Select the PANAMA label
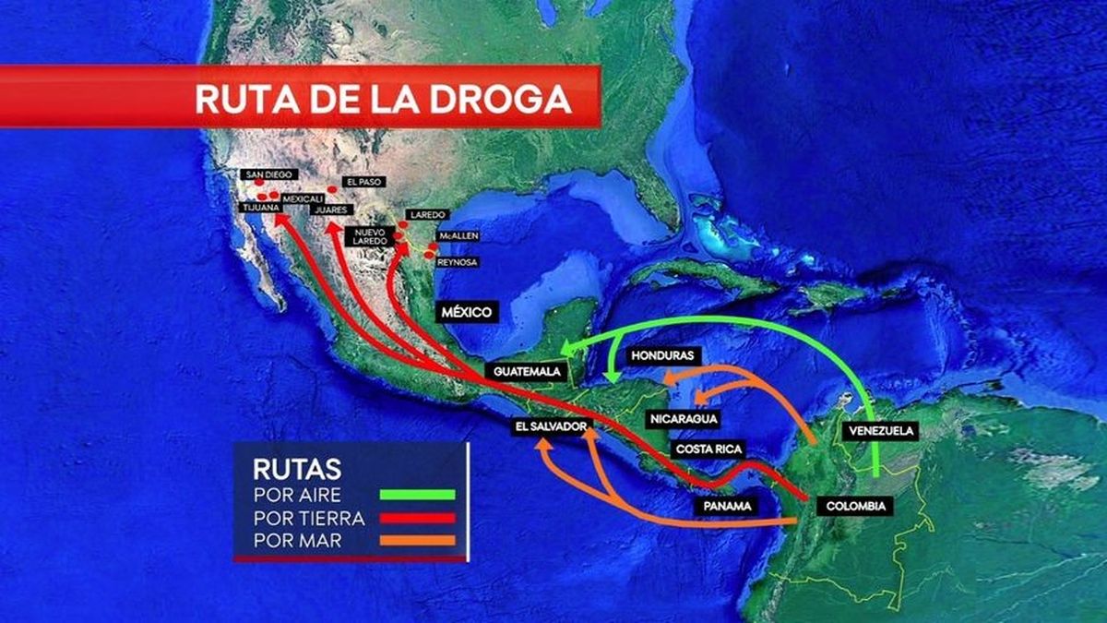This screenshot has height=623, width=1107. pyautogui.click(x=725, y=507)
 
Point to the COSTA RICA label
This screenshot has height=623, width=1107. pyautogui.click(x=708, y=449)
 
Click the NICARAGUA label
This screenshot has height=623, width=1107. pyautogui.click(x=684, y=419)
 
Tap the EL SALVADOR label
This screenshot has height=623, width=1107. pyautogui.click(x=551, y=426)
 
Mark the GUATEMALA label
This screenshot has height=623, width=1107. pyautogui.click(x=527, y=371)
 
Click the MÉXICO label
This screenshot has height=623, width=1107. pyautogui.click(x=466, y=311)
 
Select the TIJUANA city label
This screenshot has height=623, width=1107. pyautogui.click(x=261, y=209)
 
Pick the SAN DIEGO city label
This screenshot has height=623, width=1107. pyautogui.click(x=267, y=174)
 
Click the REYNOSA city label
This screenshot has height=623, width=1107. pyautogui.click(x=458, y=262)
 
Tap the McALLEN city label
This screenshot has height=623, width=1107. pyautogui.click(x=458, y=236)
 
